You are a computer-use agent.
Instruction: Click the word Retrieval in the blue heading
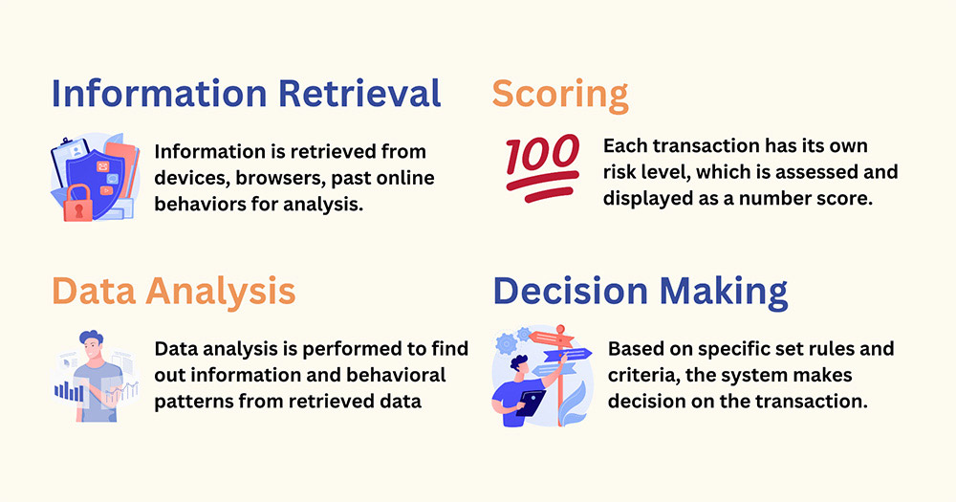coord(359,94)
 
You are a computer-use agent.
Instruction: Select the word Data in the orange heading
coord(94,291)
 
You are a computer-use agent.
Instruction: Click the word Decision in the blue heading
coord(570,291)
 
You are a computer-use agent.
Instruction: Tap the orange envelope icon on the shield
coord(102,166)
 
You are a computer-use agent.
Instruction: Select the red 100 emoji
coord(542,167)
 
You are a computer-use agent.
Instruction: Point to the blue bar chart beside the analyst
coord(69,391)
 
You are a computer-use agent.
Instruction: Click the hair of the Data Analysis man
coord(91,338)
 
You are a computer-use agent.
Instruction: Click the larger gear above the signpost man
coord(506,344)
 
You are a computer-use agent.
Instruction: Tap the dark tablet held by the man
coord(531,404)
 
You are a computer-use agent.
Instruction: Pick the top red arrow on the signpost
coord(552,338)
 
